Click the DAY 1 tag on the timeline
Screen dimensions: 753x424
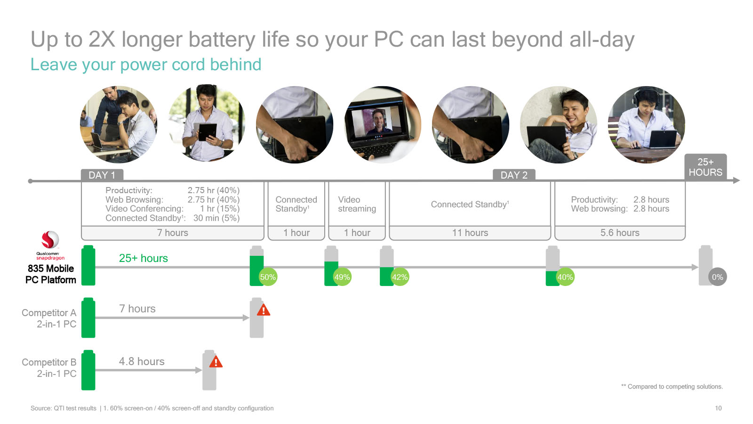coord(102,175)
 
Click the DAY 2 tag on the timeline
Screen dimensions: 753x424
coord(513,175)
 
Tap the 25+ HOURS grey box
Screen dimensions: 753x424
coord(705,167)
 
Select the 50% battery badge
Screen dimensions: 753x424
coord(268,277)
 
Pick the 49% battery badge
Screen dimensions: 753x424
coord(342,277)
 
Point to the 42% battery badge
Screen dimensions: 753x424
coord(400,277)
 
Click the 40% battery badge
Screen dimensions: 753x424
coord(565,277)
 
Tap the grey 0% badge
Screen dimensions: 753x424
coord(717,277)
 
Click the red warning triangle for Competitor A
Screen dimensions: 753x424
coord(263,310)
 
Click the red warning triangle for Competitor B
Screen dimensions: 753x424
coord(216,362)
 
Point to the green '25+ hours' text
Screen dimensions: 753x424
coord(143,258)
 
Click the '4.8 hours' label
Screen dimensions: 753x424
coord(142,361)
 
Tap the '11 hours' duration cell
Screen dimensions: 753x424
coord(470,233)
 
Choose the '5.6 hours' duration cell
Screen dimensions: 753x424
coord(620,233)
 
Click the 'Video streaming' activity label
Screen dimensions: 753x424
coord(357,204)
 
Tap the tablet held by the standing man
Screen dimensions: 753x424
coord(208,132)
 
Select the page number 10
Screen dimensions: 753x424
coord(718,408)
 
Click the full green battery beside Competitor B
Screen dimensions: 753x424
coord(88,370)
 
